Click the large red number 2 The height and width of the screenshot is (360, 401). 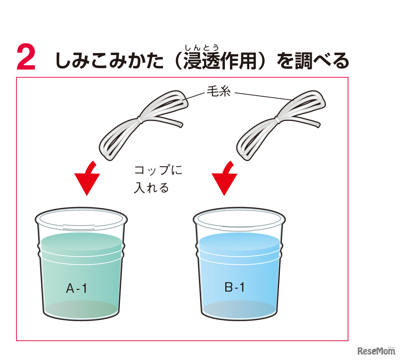pos(26,57)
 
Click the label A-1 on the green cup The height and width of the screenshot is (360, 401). pos(77,288)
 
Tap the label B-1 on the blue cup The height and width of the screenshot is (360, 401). pos(234,287)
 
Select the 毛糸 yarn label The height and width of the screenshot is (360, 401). pos(219,91)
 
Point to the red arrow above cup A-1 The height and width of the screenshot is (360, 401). pos(87,178)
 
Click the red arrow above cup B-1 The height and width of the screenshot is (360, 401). pos(224,178)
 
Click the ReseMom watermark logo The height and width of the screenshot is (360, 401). pos(376,351)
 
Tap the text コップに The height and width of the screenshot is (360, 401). pos(158,170)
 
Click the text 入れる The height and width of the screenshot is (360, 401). pos(151,188)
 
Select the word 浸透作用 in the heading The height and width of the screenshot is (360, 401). pos(220,61)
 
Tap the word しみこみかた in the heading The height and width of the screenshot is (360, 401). pos(109,61)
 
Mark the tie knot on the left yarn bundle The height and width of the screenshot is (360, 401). pos(140,119)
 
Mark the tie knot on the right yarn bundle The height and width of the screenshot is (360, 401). pos(277,119)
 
